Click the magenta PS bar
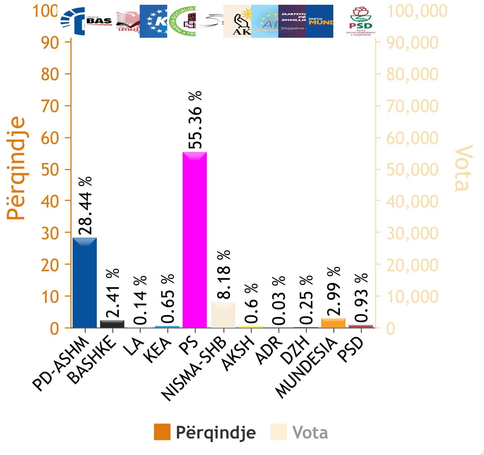pyautogui.click(x=195, y=240)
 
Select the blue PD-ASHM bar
pyautogui.click(x=85, y=282)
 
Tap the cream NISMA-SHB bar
pyautogui.click(x=223, y=315)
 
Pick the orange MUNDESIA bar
pyautogui.click(x=333, y=323)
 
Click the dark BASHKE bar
pyautogui.click(x=112, y=324)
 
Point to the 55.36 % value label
pyautogui.click(x=195, y=120)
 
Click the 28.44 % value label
pyautogui.click(x=85, y=205)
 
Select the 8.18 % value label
pyautogui.click(x=223, y=274)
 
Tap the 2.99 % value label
pyautogui.click(x=333, y=291)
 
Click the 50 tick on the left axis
pyautogui.click(x=49, y=170)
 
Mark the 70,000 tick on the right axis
pyautogui.click(x=412, y=106)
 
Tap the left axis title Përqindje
pyautogui.click(x=16, y=168)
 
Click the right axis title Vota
pyautogui.click(x=463, y=168)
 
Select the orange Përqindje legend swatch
pyautogui.click(x=162, y=432)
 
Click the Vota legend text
pyautogui.click(x=310, y=433)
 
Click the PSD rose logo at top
pyautogui.click(x=361, y=21)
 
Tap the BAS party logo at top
pyautogui.click(x=99, y=21)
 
